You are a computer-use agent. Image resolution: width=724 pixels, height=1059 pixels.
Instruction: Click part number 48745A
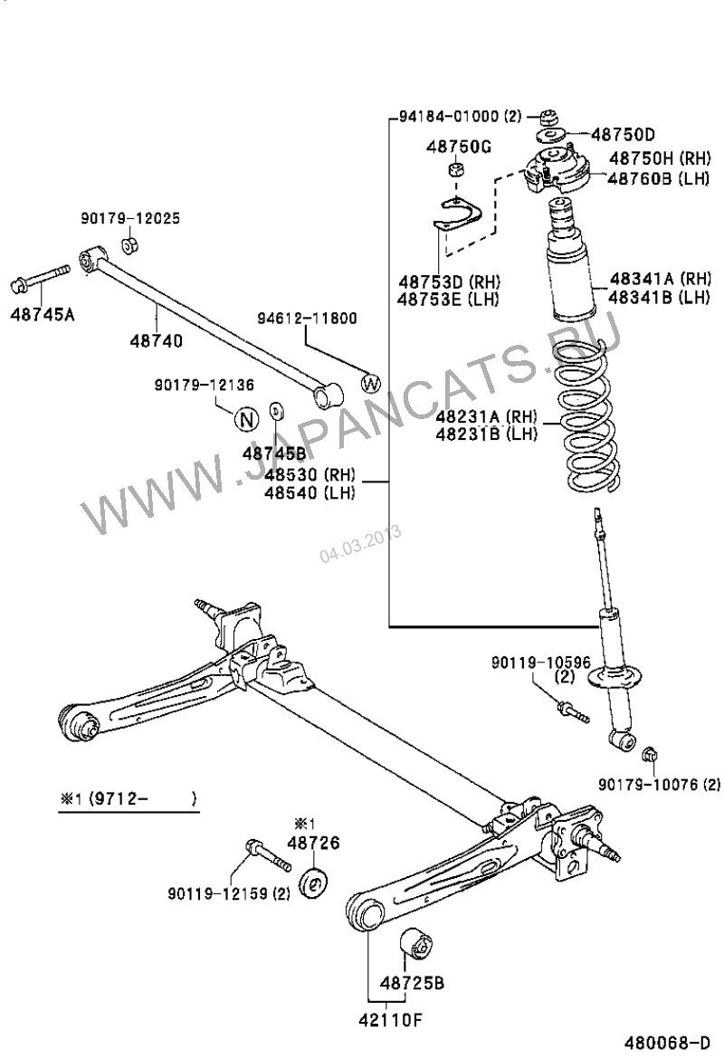pos(43,315)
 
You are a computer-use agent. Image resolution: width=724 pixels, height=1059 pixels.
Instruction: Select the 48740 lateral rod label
pos(156,340)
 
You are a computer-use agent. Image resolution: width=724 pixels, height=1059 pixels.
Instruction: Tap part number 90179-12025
pos(129,218)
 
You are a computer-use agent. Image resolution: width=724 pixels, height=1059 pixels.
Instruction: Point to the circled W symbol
pos(372,383)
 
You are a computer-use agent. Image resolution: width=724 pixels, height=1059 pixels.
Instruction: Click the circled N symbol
pos(245,419)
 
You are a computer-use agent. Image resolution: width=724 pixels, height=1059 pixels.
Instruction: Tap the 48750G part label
pos(458,147)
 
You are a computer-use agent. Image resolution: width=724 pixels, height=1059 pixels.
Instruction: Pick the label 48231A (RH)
pos(486,416)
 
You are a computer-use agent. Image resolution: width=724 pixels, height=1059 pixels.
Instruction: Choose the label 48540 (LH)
pos(310,492)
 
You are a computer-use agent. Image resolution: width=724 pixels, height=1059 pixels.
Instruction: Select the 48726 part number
pos(313,843)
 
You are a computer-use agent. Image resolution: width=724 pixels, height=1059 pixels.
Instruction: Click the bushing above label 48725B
pos(417,945)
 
